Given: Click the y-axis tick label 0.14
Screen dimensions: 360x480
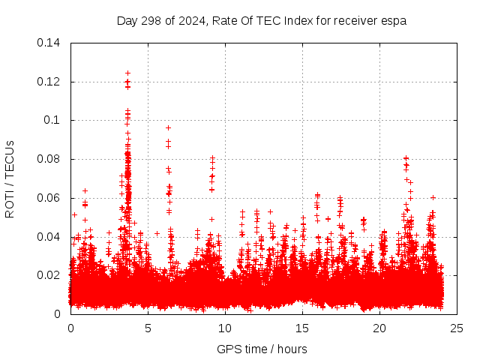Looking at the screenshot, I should (x=49, y=43).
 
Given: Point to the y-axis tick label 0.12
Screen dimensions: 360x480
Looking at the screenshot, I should (x=49, y=82).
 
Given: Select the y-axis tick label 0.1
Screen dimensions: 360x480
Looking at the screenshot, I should (x=52, y=120).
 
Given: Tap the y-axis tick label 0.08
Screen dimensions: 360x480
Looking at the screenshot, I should (x=49, y=159).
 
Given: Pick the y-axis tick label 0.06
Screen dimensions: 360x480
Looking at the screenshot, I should (x=49, y=198).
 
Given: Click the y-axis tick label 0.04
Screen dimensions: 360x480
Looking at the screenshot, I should (x=49, y=237).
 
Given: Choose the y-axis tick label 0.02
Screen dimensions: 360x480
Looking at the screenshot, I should (x=49, y=275).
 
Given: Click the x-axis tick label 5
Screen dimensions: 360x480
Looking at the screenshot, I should (x=148, y=328).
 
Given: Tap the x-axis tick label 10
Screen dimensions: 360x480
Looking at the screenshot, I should (x=225, y=328).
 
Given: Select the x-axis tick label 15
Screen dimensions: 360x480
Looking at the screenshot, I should (x=302, y=328).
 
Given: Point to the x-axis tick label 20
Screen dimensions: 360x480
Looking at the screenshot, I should (x=379, y=328).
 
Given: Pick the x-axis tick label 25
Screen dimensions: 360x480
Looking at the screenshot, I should (x=457, y=328).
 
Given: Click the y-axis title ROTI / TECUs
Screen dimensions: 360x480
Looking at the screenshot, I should (x=10, y=178).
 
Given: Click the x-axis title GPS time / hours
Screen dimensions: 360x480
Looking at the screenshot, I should (x=262, y=349).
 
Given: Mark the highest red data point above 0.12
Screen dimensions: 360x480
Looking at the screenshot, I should (x=127, y=73).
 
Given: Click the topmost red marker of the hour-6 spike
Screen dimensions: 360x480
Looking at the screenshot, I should (x=168, y=127).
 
